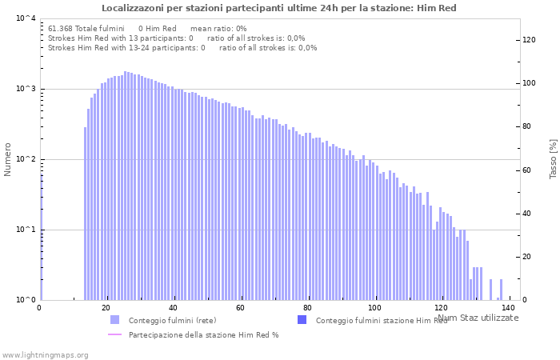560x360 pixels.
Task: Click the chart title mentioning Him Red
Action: coord(279,8)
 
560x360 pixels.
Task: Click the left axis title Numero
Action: coord(9,159)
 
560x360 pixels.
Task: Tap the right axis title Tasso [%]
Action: coord(552,158)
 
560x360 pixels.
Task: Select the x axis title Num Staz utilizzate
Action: coord(478,318)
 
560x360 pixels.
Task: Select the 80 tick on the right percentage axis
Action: coord(527,126)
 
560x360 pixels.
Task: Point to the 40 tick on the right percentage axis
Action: coord(527,214)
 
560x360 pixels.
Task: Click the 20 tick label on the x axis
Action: coord(106,308)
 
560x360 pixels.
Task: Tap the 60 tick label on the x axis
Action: coord(240,308)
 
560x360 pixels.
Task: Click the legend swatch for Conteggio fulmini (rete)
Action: coord(114,320)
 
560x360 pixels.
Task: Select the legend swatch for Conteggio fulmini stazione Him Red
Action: coord(302,320)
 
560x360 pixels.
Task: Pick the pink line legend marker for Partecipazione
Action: coord(114,334)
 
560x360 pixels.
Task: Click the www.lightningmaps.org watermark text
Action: coord(44,354)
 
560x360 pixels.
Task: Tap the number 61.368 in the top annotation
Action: coord(61,28)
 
